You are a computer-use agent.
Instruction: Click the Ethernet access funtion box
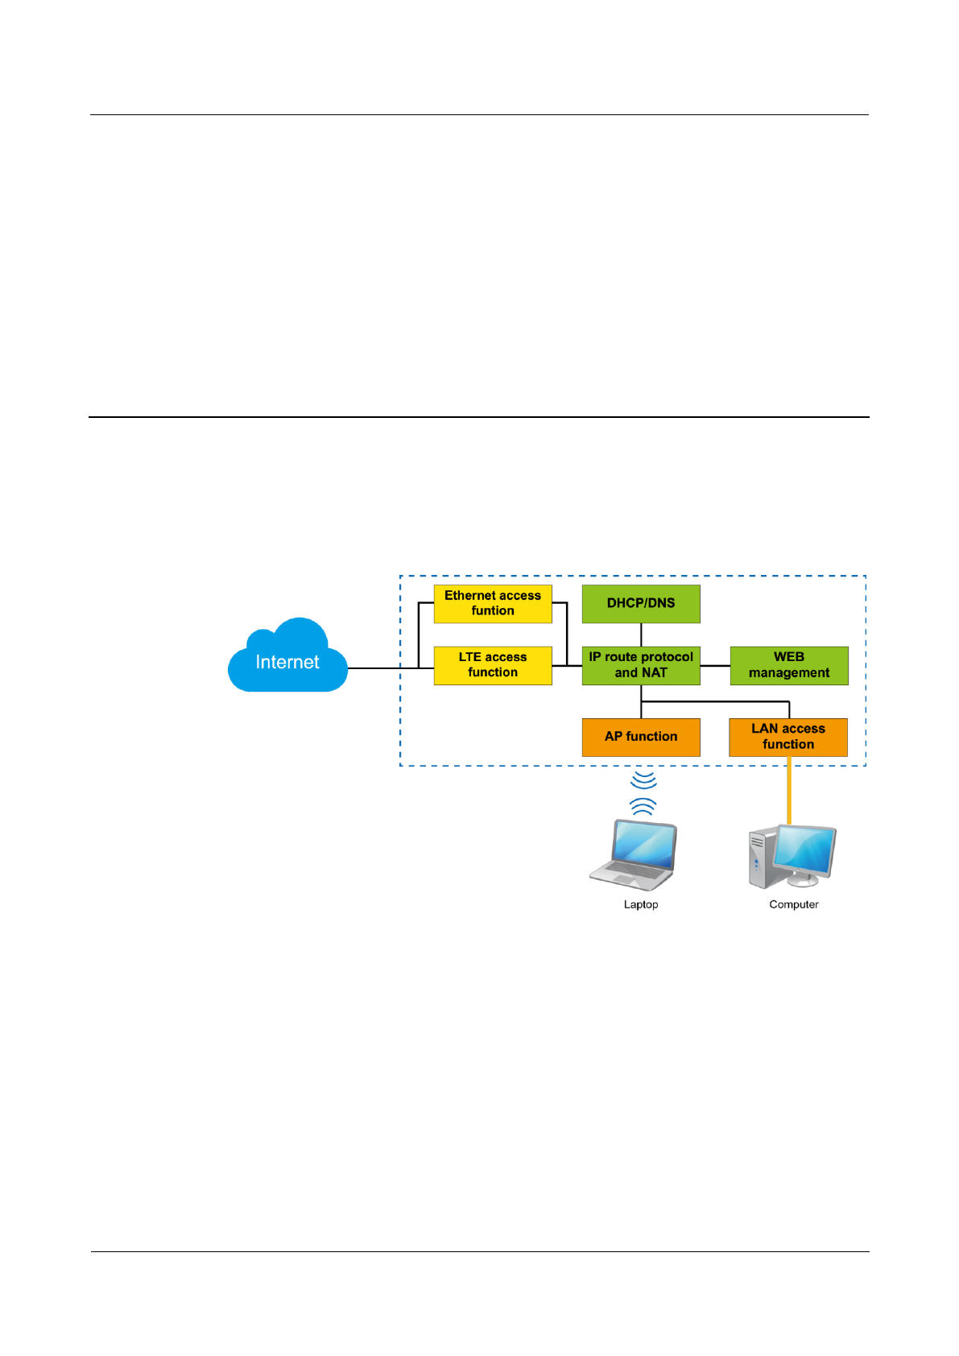point(493,604)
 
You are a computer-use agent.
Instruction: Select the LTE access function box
point(493,665)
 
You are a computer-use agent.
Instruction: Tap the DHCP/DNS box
point(641,604)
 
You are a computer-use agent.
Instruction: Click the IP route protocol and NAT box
point(641,665)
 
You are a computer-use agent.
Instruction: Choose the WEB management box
point(789,665)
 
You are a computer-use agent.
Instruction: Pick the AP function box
point(641,738)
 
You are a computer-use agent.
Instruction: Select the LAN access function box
point(788,738)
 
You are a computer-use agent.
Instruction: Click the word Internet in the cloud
point(287,662)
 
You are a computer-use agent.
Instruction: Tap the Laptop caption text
point(641,904)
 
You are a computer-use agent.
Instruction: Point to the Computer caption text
point(794,904)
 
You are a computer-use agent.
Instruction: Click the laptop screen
point(643,845)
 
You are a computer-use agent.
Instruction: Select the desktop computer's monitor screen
point(805,850)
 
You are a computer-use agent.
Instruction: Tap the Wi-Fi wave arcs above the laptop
point(643,792)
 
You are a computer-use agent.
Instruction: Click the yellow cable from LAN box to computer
point(789,791)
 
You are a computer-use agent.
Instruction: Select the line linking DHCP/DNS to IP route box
point(641,635)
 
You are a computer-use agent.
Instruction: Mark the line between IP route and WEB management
point(715,665)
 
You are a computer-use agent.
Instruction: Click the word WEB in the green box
point(789,657)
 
